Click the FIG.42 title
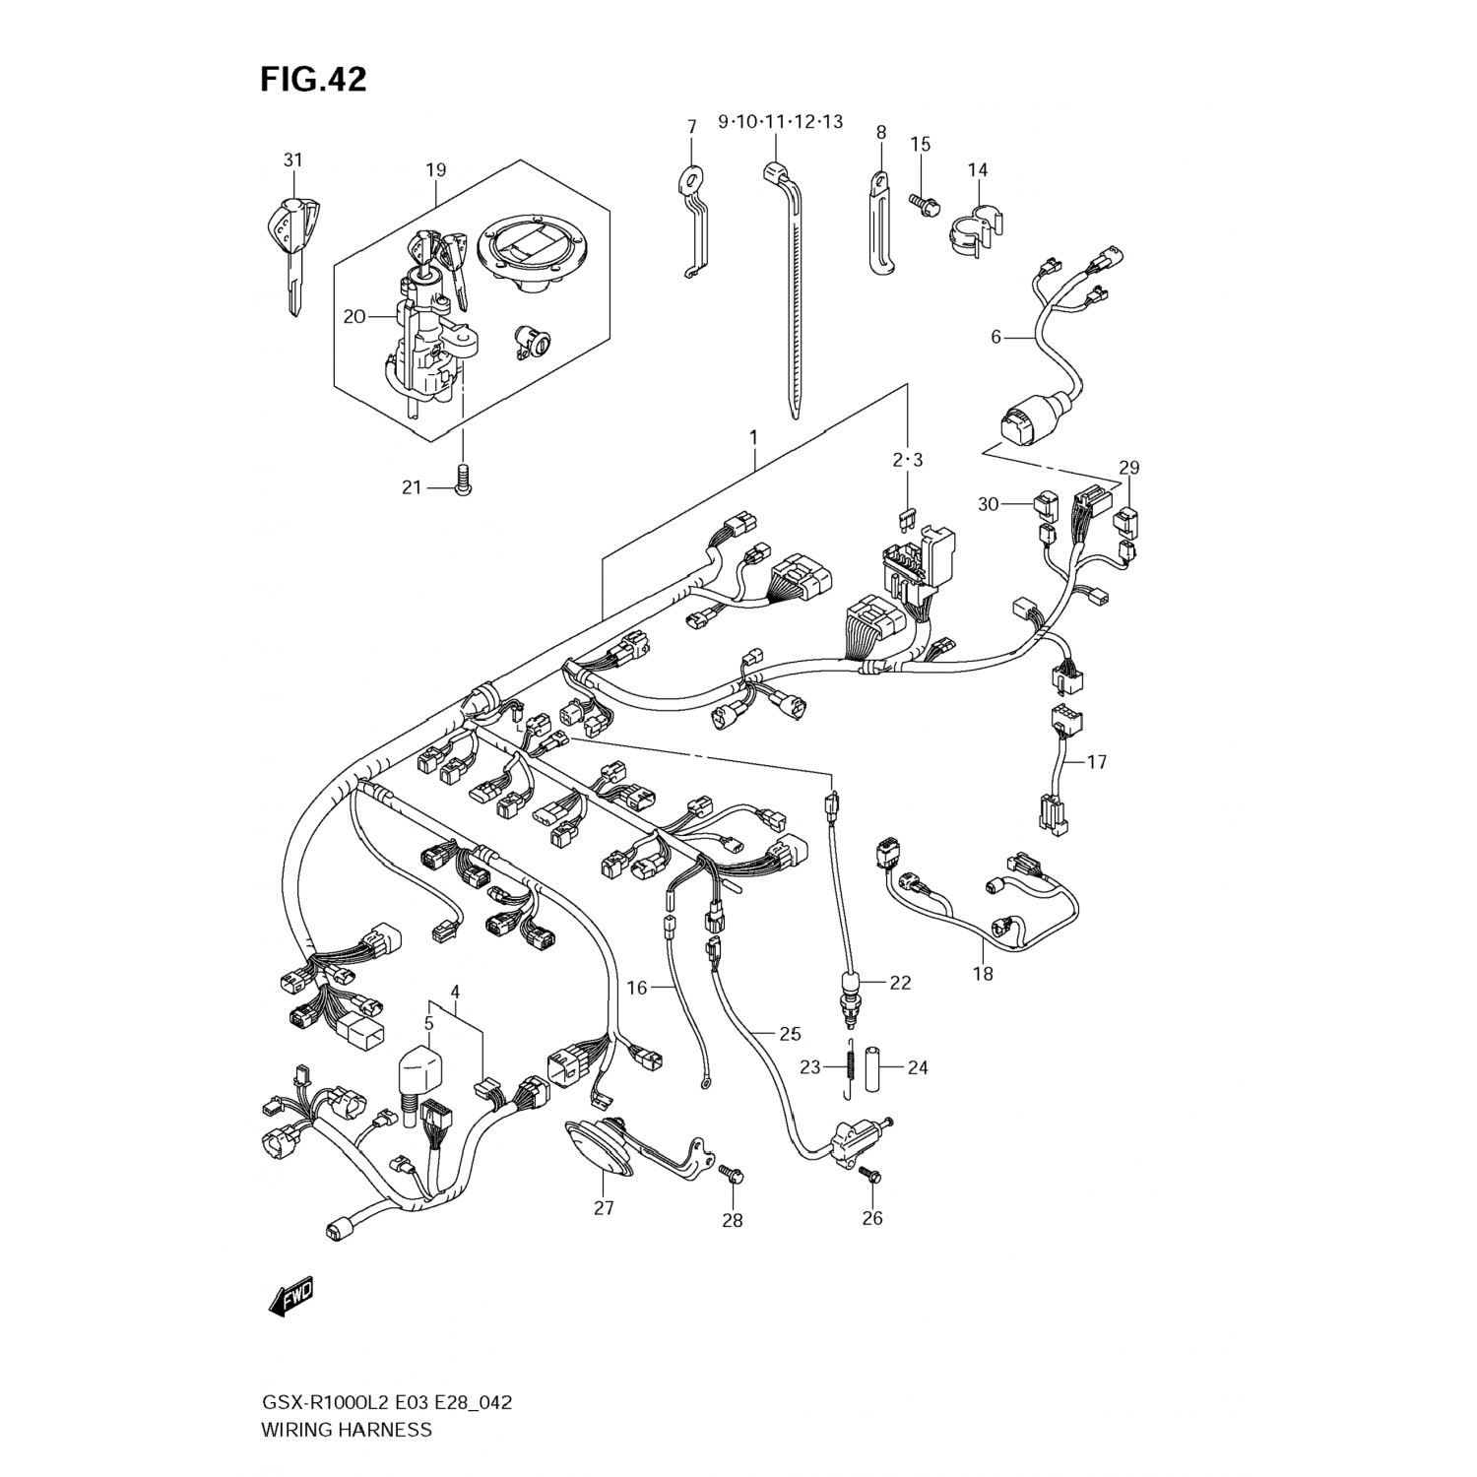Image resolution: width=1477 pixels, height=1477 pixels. [x=313, y=79]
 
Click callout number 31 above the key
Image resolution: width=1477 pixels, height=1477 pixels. [x=292, y=161]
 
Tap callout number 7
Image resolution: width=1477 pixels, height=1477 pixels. [x=691, y=126]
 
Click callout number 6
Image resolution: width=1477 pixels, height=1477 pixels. [x=995, y=337]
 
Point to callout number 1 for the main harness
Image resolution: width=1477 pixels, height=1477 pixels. [x=753, y=435]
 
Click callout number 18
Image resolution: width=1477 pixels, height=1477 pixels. [x=983, y=975]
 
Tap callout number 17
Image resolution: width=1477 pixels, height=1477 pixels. [x=1097, y=761]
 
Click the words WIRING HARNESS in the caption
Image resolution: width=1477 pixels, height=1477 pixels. [x=346, y=1429]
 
